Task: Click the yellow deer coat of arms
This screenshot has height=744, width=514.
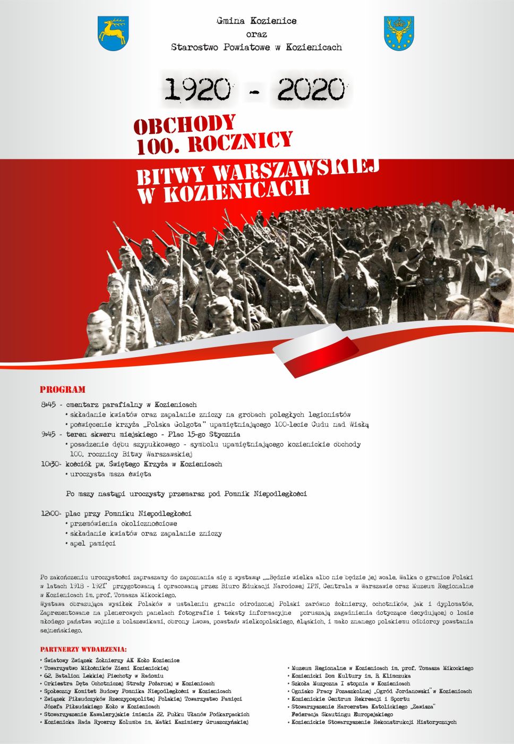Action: click(113, 33)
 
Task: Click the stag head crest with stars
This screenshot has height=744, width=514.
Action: click(398, 33)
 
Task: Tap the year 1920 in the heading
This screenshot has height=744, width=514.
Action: click(197, 89)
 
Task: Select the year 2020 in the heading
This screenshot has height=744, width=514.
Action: click(311, 89)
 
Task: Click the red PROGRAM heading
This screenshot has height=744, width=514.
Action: click(62, 390)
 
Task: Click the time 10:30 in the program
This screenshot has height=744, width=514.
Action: click(51, 464)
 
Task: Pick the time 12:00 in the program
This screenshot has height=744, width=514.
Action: click(51, 514)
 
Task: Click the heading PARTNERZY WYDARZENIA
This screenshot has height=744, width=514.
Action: click(83, 649)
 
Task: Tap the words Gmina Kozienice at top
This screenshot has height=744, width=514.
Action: click(256, 21)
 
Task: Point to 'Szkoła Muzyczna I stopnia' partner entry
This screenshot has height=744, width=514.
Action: click(350, 683)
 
